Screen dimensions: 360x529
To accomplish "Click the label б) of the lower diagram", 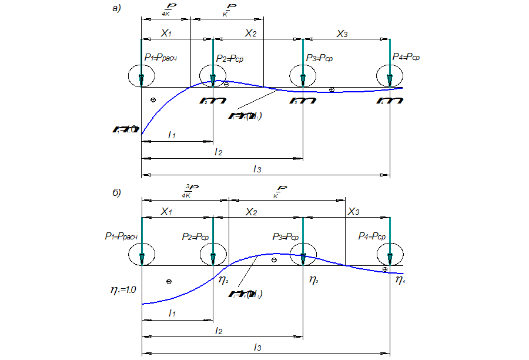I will pos(116,192).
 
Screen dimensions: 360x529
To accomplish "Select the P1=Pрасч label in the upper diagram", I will pos(161,58).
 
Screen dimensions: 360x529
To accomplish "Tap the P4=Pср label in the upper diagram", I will pos(406,58).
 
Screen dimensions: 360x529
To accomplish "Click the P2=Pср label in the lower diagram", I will pos(196,236).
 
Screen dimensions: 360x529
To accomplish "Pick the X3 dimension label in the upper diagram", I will pos(342,34).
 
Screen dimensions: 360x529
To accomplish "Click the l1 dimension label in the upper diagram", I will pos(172,135).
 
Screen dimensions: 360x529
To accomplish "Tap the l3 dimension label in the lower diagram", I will pos(257,348).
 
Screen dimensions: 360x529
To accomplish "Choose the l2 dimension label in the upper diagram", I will pos(218,152).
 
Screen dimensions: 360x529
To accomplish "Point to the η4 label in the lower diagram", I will pos(400,280).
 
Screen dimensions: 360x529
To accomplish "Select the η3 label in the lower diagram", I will pos(313,280).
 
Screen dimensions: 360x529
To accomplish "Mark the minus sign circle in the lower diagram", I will pos(274,260).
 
